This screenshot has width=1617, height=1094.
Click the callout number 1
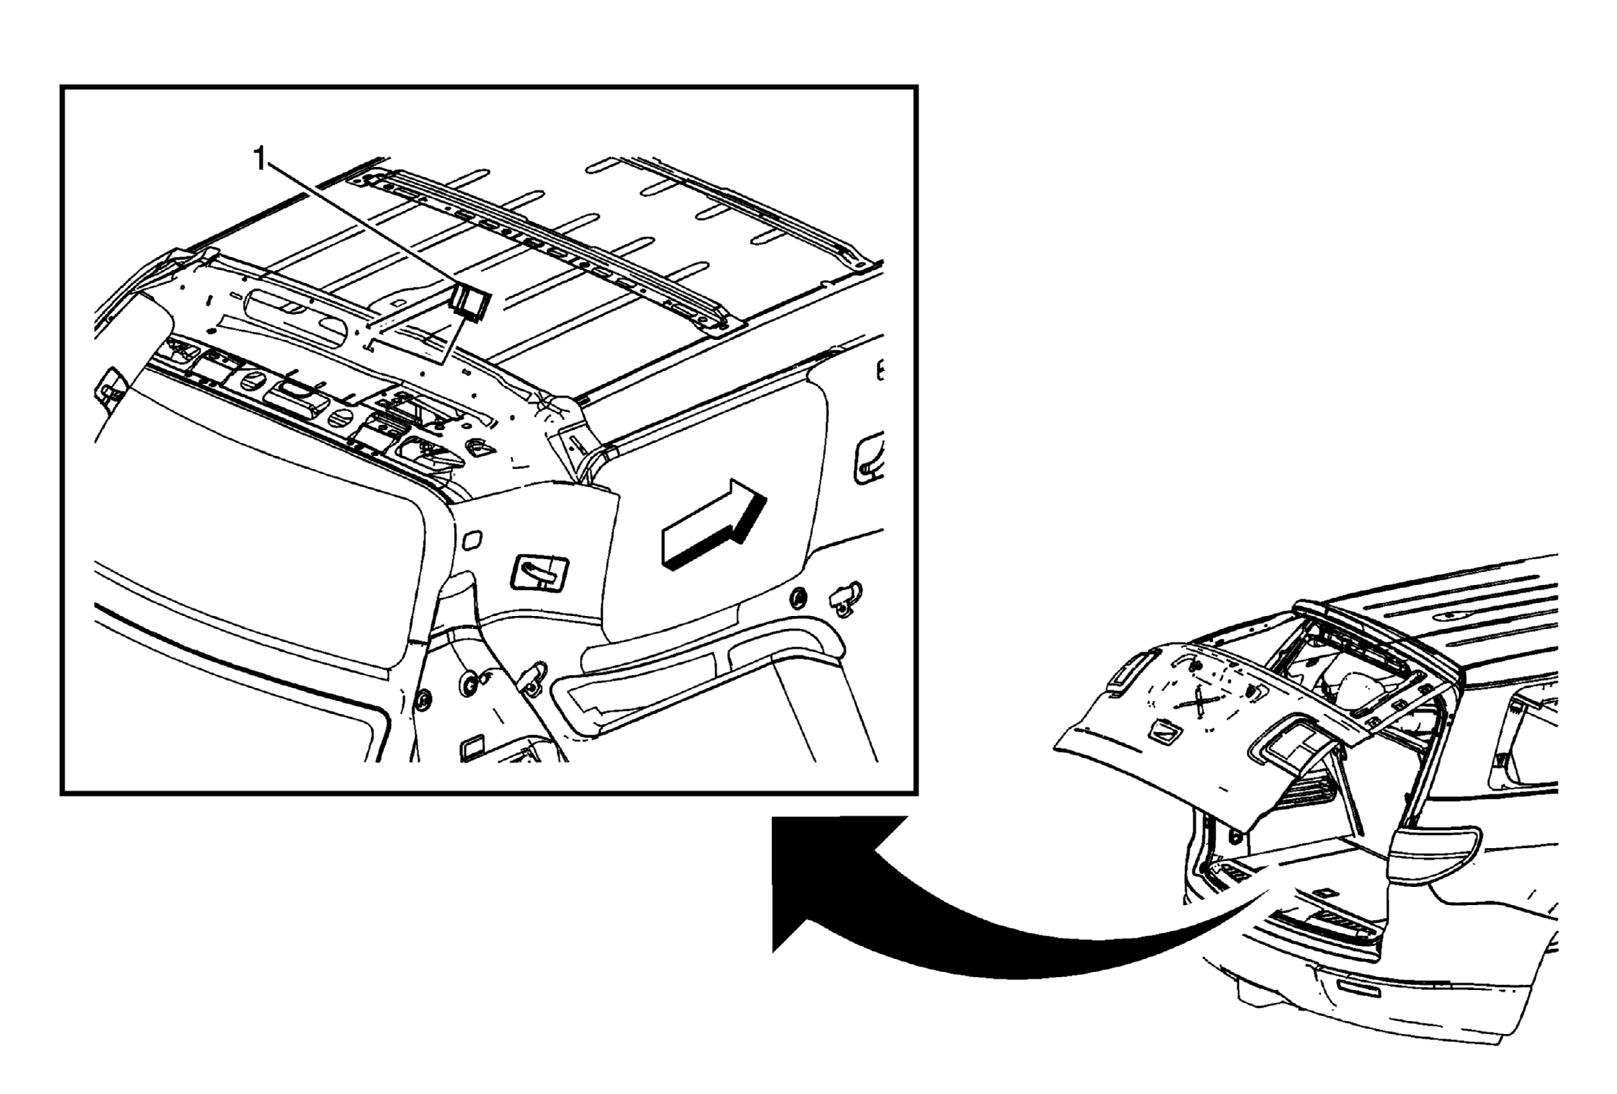pos(260,160)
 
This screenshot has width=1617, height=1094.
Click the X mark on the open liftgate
pos(1199,701)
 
